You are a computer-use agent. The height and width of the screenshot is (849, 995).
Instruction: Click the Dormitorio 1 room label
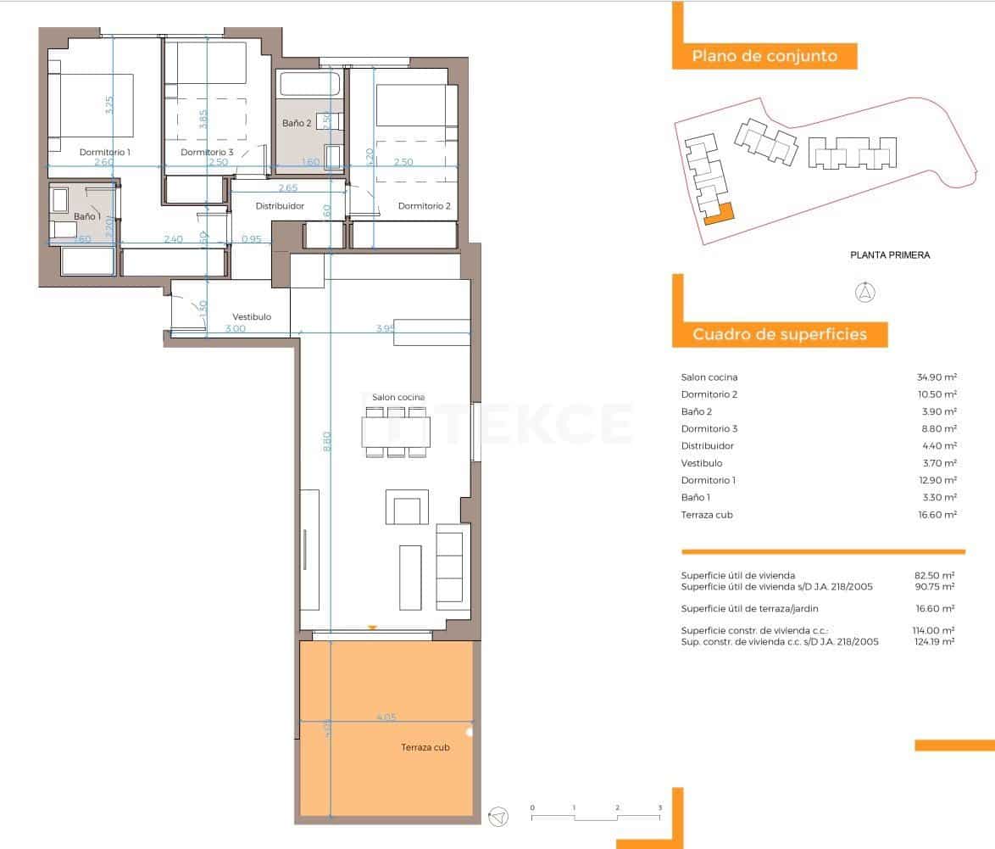click(105, 153)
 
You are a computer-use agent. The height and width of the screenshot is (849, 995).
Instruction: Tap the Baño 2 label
click(297, 123)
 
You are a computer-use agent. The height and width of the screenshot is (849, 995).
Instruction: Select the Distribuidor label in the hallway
click(280, 206)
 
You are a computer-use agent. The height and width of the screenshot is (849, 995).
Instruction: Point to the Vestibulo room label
click(252, 316)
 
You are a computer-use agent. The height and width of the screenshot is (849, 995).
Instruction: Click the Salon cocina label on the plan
click(398, 397)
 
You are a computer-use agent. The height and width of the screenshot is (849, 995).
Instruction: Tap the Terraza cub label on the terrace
click(425, 747)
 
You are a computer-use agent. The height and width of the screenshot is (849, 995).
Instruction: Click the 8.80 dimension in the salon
click(327, 441)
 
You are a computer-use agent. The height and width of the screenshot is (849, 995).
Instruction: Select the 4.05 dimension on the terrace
click(386, 718)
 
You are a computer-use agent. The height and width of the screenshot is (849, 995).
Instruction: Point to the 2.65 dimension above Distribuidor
click(287, 187)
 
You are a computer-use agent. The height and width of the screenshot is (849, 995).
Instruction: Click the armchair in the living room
click(406, 508)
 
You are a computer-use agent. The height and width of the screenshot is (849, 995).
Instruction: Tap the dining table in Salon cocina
click(395, 432)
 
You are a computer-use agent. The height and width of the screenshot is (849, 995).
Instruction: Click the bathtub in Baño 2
click(309, 85)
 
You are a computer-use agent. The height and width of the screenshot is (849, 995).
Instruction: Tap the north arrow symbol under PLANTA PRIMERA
click(865, 293)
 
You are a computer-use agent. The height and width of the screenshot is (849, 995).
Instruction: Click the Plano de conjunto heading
click(764, 57)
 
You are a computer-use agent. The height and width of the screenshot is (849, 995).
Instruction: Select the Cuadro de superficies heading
click(780, 334)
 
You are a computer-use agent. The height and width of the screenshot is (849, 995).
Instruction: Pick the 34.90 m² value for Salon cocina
click(936, 377)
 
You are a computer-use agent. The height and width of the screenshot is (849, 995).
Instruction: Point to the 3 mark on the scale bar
click(660, 808)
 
